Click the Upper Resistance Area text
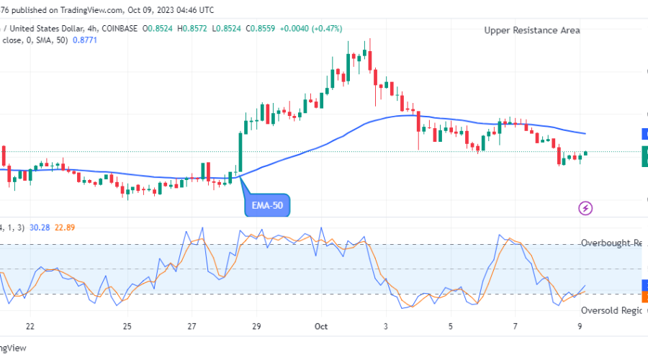[x=532, y=30]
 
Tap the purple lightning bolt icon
[x=585, y=208]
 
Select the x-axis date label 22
[x=30, y=326]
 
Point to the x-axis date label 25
[x=127, y=326]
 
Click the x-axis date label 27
[x=192, y=326]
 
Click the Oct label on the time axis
[x=321, y=326]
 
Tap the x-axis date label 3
[x=386, y=326]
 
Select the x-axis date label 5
[x=450, y=326]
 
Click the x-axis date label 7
[x=515, y=326]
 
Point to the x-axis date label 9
[x=580, y=326]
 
